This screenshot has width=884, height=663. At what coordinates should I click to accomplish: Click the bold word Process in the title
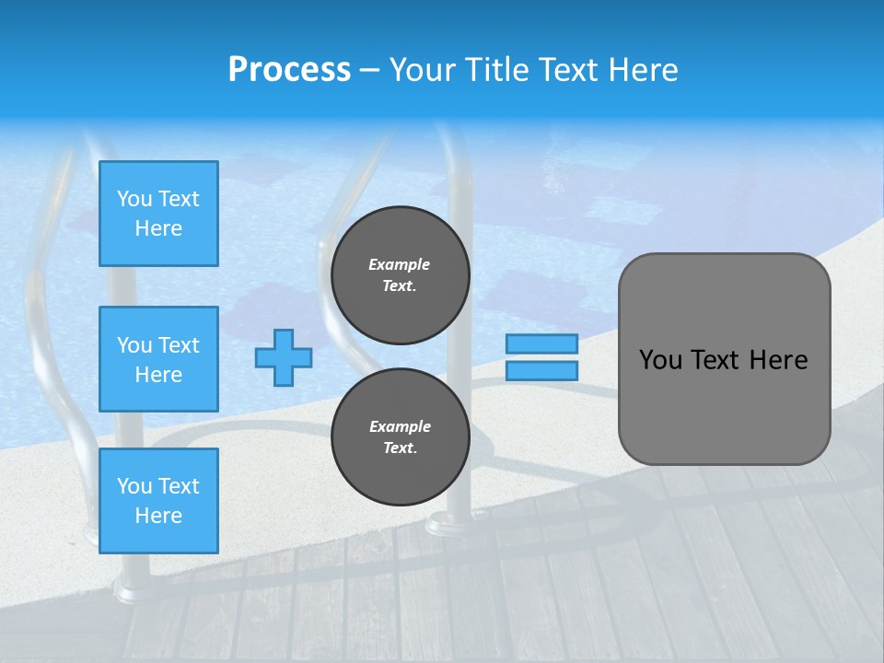coord(289,70)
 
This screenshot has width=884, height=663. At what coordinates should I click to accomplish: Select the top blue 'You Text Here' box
coord(158,214)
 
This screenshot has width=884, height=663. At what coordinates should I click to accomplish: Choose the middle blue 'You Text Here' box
coord(158,359)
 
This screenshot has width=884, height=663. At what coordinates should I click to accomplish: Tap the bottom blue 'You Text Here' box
coord(158,501)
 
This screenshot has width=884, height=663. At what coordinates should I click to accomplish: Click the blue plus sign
coord(284,357)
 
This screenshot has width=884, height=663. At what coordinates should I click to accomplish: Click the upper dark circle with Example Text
coord(400,275)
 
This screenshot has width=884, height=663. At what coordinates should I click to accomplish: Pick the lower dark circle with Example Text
coord(400,437)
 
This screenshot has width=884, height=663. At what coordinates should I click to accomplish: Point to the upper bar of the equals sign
coord(541,343)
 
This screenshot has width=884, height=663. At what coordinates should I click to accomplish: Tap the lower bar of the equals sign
coord(541,370)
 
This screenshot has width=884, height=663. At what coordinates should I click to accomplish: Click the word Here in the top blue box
coord(158,228)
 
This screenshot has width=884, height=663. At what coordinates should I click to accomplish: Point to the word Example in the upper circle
coord(400,264)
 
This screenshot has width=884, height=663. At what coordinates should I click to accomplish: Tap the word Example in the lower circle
coord(400,426)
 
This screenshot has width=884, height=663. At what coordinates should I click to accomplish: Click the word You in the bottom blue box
coord(134,486)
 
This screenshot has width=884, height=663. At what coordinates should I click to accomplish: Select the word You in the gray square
coord(659,360)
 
